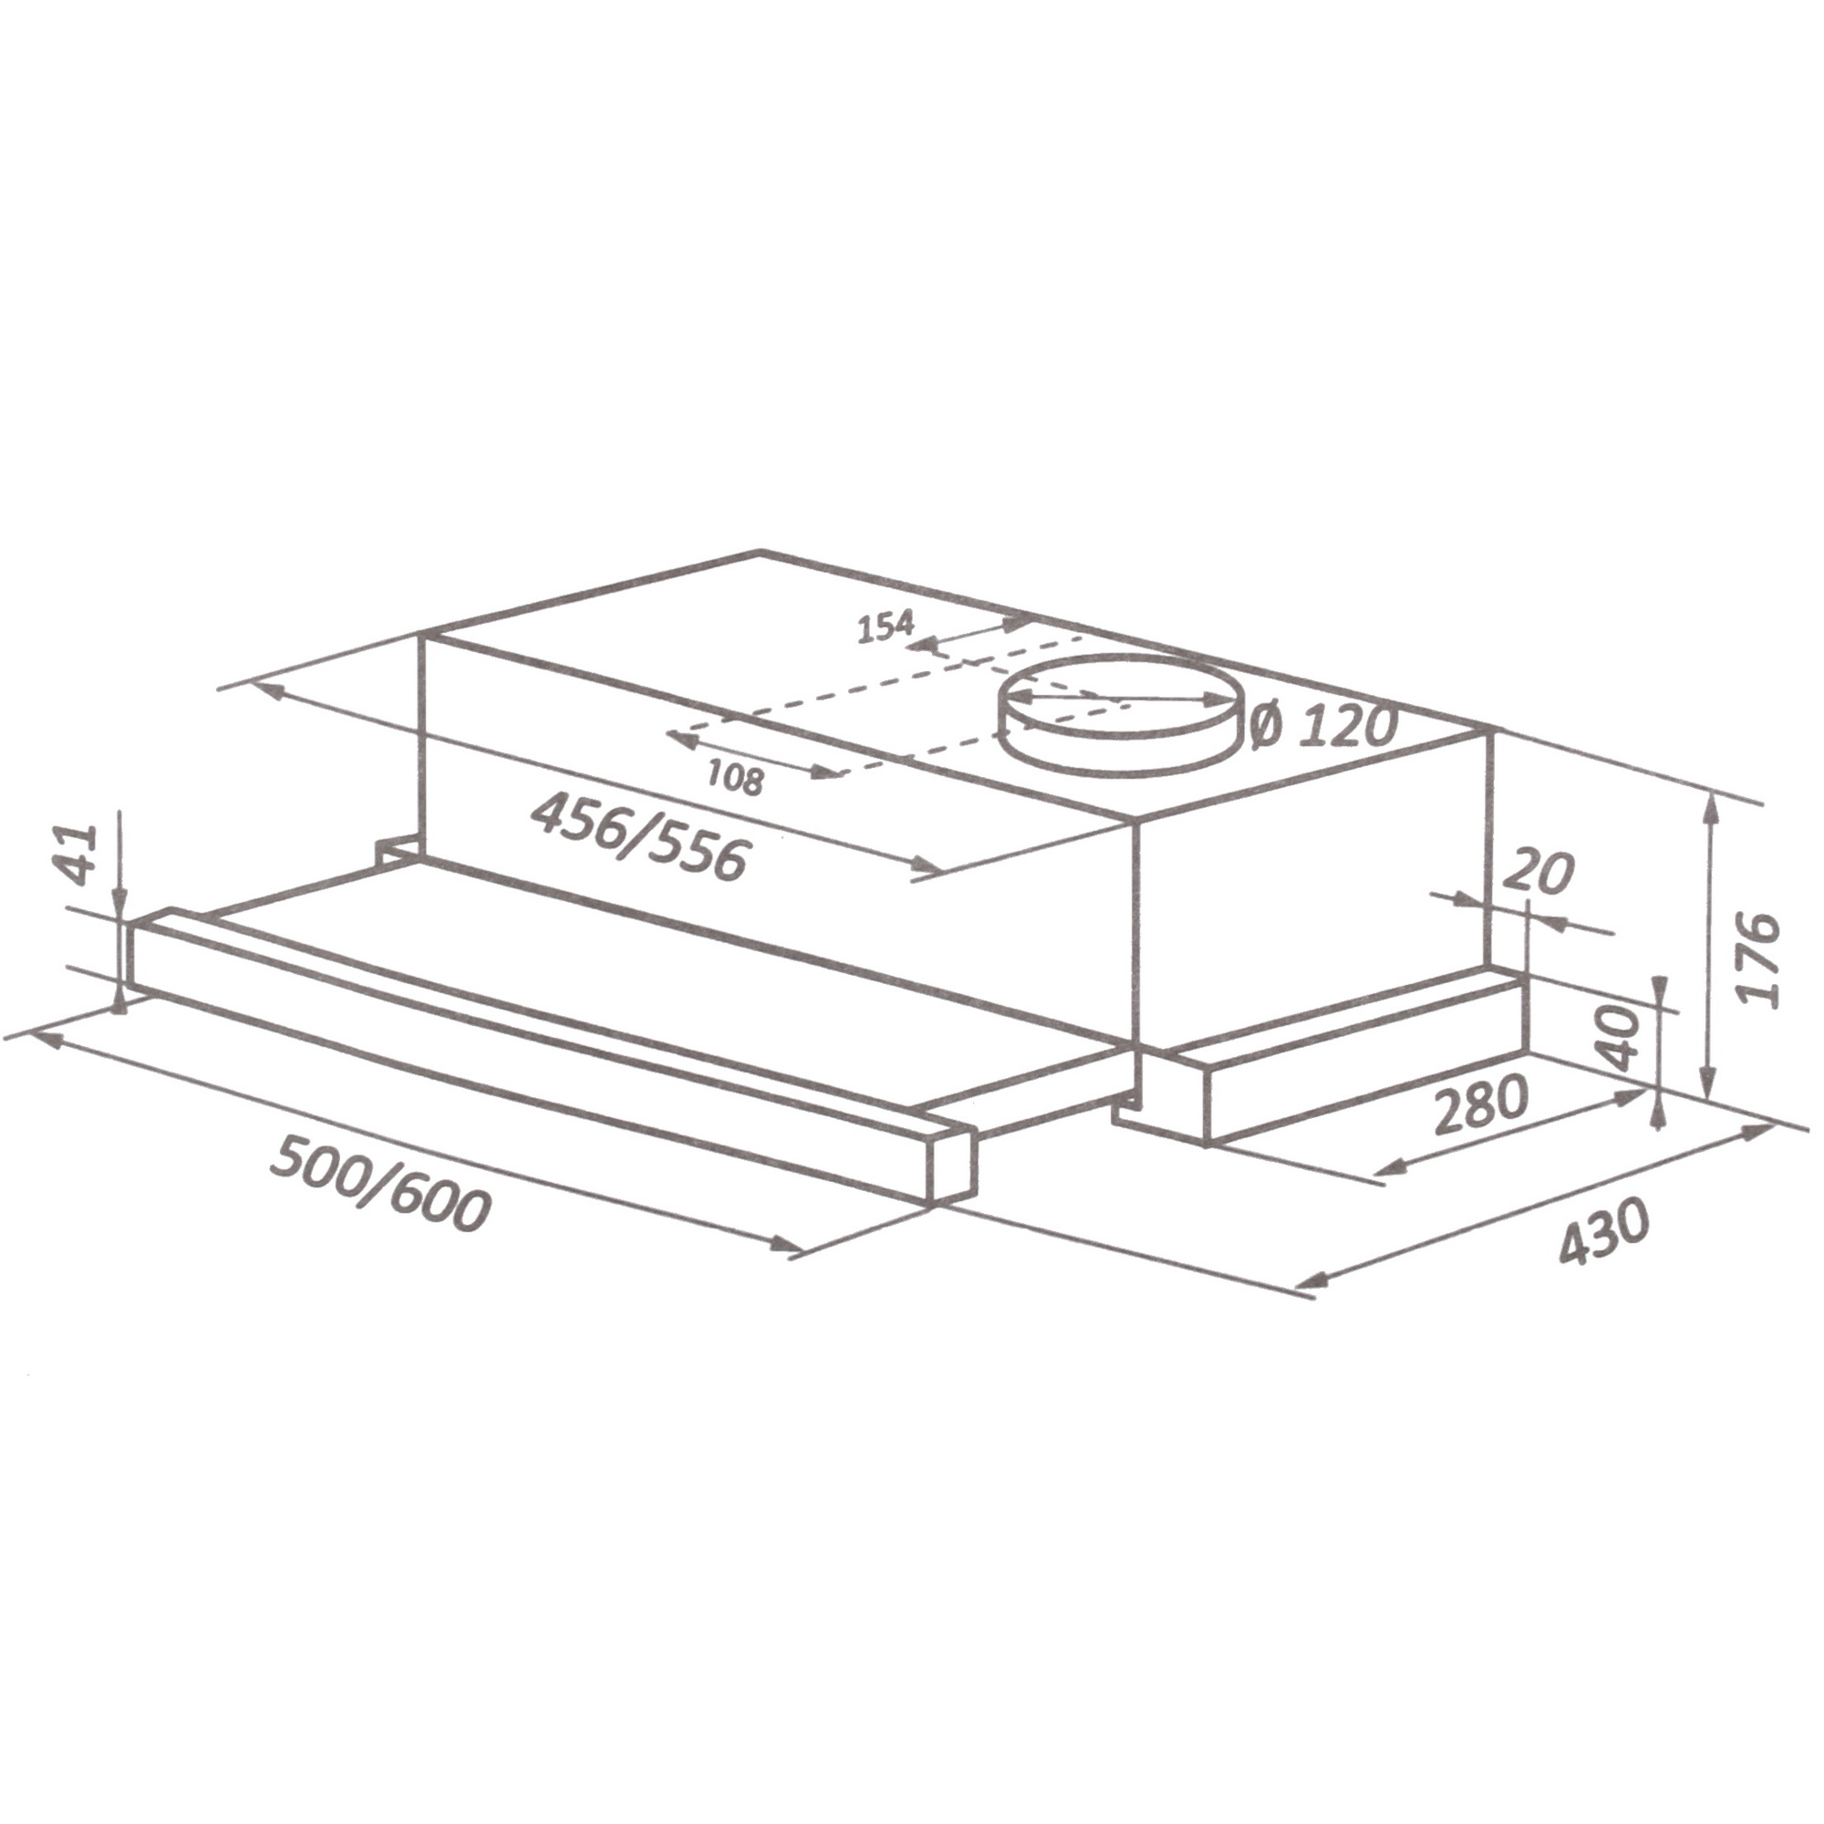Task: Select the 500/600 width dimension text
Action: [380, 1185]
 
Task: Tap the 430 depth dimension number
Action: [1604, 1231]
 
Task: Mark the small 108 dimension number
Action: [734, 779]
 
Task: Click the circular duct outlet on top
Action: [1120, 713]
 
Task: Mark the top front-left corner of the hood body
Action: [424, 638]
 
